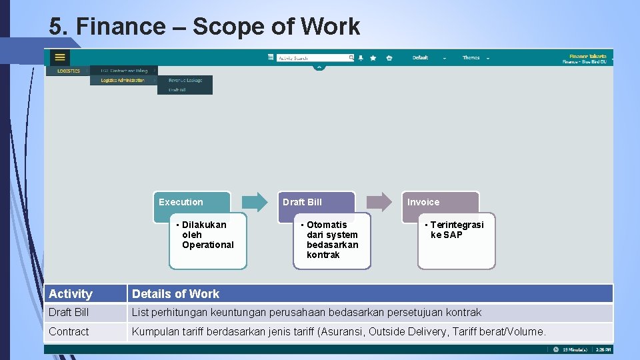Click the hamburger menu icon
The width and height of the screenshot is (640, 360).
[60, 57]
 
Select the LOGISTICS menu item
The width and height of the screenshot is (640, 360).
[68, 71]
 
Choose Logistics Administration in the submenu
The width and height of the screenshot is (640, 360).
[123, 81]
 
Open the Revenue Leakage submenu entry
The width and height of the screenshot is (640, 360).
[185, 81]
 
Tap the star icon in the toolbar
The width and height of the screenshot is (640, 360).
[373, 58]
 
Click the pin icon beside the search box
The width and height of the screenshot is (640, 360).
[361, 58]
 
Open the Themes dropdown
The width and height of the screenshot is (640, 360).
[475, 58]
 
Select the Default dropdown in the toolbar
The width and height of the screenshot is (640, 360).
[429, 58]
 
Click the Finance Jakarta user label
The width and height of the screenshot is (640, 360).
[587, 57]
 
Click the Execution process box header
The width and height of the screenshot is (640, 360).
[191, 202]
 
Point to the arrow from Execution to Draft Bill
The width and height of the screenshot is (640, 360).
[254, 201]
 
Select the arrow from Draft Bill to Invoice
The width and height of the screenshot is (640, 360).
[379, 201]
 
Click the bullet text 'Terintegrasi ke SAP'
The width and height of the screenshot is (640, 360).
[456, 230]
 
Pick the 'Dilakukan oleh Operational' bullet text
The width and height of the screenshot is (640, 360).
[207, 235]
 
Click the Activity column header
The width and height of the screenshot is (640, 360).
[71, 294]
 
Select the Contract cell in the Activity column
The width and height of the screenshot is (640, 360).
[69, 331]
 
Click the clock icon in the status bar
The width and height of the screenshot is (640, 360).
[556, 349]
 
